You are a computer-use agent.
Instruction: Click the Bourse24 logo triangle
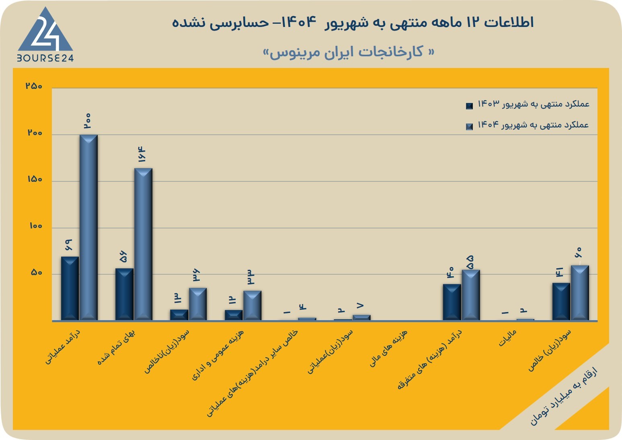coord(45,31)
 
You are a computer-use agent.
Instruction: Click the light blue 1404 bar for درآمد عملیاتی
coord(88,228)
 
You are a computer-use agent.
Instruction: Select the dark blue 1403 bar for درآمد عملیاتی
coord(70,288)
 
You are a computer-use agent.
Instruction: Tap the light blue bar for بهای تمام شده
coord(143,244)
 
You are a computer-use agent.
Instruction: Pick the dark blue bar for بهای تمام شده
coord(124,294)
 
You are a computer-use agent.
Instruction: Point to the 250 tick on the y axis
coord(34,86)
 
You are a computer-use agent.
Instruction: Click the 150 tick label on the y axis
coord(35,179)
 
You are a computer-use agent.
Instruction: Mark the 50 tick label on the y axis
coord(36,273)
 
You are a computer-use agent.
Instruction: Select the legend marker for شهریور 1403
coord(469,106)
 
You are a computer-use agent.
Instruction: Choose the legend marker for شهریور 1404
coord(469,127)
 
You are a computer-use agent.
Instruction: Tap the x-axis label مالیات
coord(507,338)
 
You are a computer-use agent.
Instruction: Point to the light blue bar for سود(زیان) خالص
coord(580,293)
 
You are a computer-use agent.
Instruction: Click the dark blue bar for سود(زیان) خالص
coord(561,302)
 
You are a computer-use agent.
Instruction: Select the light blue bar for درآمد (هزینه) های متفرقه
coord(471,295)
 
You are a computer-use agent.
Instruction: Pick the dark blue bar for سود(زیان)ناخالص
coord(179,315)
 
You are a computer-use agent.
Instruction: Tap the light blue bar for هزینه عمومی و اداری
coord(252,306)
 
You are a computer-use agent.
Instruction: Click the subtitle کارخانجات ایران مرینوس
coord(349,52)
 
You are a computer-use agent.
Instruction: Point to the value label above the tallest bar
coord(88,121)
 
